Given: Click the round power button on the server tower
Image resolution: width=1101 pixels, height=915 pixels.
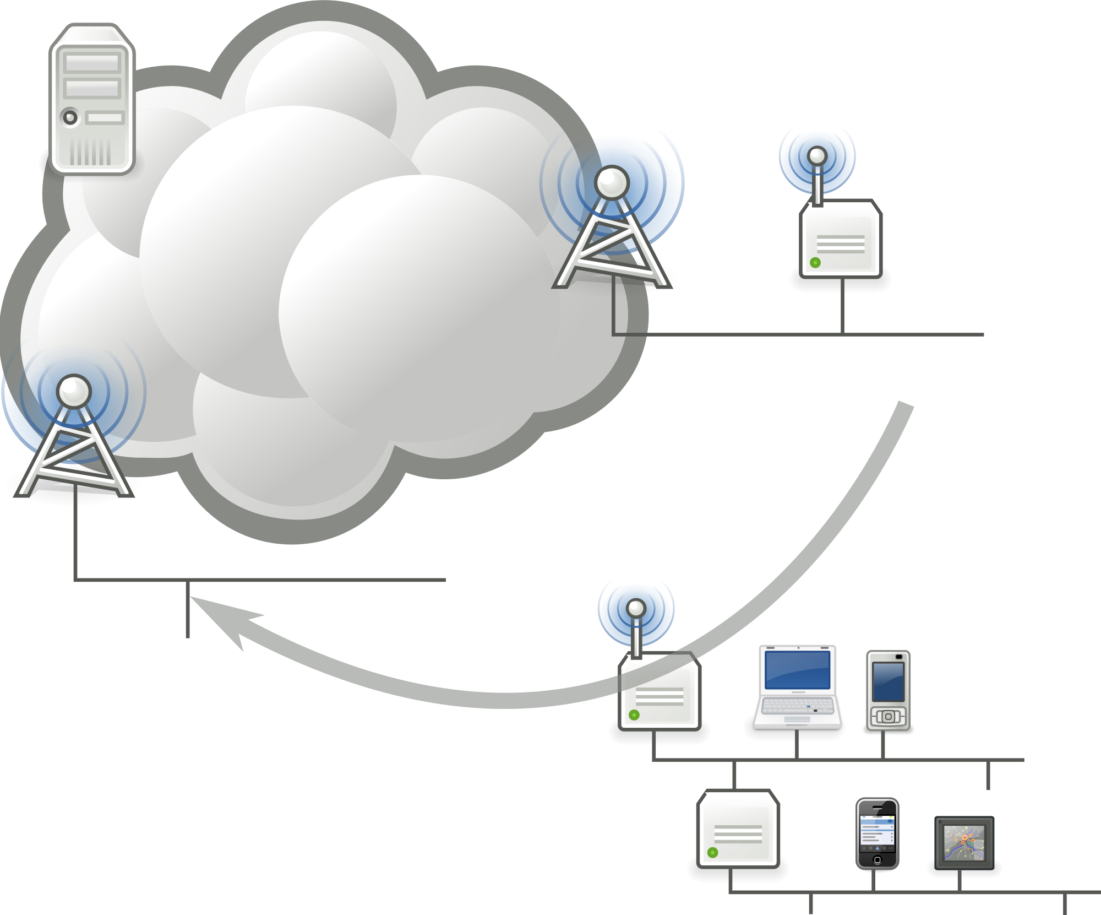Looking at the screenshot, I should click(70, 117).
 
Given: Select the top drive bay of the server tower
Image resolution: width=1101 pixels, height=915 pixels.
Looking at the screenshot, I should click(92, 63).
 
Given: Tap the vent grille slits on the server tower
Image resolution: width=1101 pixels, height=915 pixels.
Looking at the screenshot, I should click(90, 151).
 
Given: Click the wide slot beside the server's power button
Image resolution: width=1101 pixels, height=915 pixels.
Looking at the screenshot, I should click(105, 117).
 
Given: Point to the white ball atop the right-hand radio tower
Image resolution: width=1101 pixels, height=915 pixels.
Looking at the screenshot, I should click(612, 182).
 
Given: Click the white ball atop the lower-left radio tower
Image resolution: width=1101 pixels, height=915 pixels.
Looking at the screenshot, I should click(74, 391).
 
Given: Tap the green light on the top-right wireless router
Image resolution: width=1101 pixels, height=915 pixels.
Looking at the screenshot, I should click(815, 262).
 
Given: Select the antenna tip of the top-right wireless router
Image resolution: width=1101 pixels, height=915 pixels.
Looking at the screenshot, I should click(817, 156).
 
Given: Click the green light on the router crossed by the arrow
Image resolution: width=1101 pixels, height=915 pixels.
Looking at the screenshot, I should click(634, 714).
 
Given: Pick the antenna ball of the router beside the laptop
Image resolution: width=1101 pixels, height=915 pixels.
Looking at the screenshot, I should click(636, 608).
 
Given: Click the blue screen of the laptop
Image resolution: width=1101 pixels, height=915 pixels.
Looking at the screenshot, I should click(798, 669).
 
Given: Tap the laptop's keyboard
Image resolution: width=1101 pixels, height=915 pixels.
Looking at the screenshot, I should click(797, 705).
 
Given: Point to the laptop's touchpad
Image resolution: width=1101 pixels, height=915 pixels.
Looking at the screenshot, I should click(797, 719).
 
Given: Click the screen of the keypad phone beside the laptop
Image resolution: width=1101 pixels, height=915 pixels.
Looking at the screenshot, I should click(888, 681).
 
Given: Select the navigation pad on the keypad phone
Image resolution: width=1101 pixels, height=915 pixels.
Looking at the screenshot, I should click(888, 717).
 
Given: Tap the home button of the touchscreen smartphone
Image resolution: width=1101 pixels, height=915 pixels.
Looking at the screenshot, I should click(877, 860).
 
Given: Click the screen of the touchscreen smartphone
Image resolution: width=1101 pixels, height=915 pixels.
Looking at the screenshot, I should click(877, 831).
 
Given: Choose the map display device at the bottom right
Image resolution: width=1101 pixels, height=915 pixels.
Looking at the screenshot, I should click(964, 843).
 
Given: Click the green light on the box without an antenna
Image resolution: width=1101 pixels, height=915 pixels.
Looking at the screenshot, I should click(712, 852).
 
